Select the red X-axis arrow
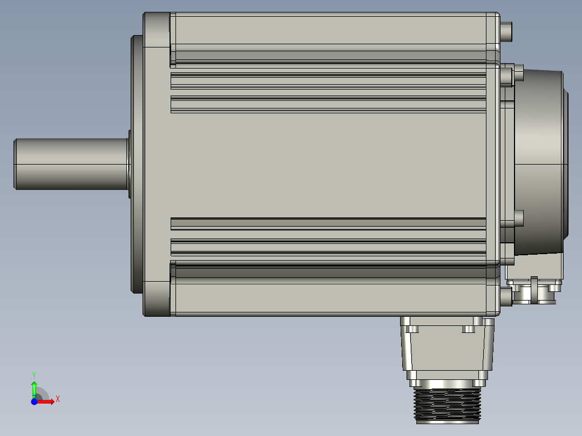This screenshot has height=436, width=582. pyautogui.click(x=46, y=401)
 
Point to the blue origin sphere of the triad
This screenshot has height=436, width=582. pyautogui.click(x=34, y=401)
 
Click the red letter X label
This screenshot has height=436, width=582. pyautogui.click(x=57, y=399)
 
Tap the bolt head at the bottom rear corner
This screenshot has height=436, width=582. pyautogui.click(x=505, y=296)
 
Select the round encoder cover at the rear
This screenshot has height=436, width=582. pyautogui.click(x=540, y=162)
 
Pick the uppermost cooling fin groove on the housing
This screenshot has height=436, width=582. pyautogui.click(x=328, y=81)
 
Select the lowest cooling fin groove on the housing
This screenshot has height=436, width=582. pyautogui.click(x=328, y=247)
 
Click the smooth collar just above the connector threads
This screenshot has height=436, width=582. pyautogui.click(x=446, y=382)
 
